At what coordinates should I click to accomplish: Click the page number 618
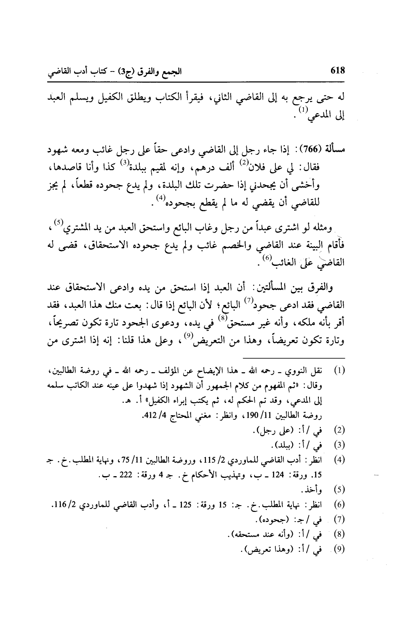(338, 71)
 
